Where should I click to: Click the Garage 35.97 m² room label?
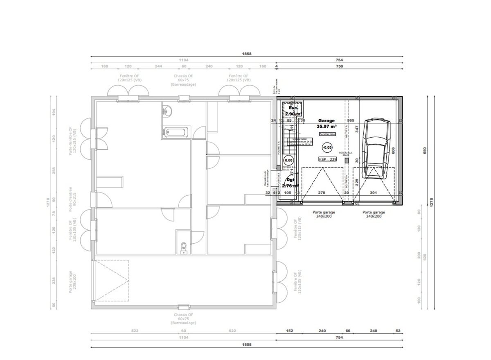point(326,124)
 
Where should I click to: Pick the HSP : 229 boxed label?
point(327,159)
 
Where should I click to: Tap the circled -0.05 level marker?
point(327,147)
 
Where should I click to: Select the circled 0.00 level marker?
point(288,161)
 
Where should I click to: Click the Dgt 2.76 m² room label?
point(291,182)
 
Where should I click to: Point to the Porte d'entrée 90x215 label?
point(72,199)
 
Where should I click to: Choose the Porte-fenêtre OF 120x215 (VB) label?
point(72,141)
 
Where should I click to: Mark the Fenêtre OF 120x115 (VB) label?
point(297,229)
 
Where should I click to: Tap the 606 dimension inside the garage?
point(393,151)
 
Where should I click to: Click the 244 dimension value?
point(158,66)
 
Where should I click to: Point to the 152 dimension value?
point(289,331)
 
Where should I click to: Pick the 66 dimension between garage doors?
point(348,331)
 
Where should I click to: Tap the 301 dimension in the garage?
point(373,192)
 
